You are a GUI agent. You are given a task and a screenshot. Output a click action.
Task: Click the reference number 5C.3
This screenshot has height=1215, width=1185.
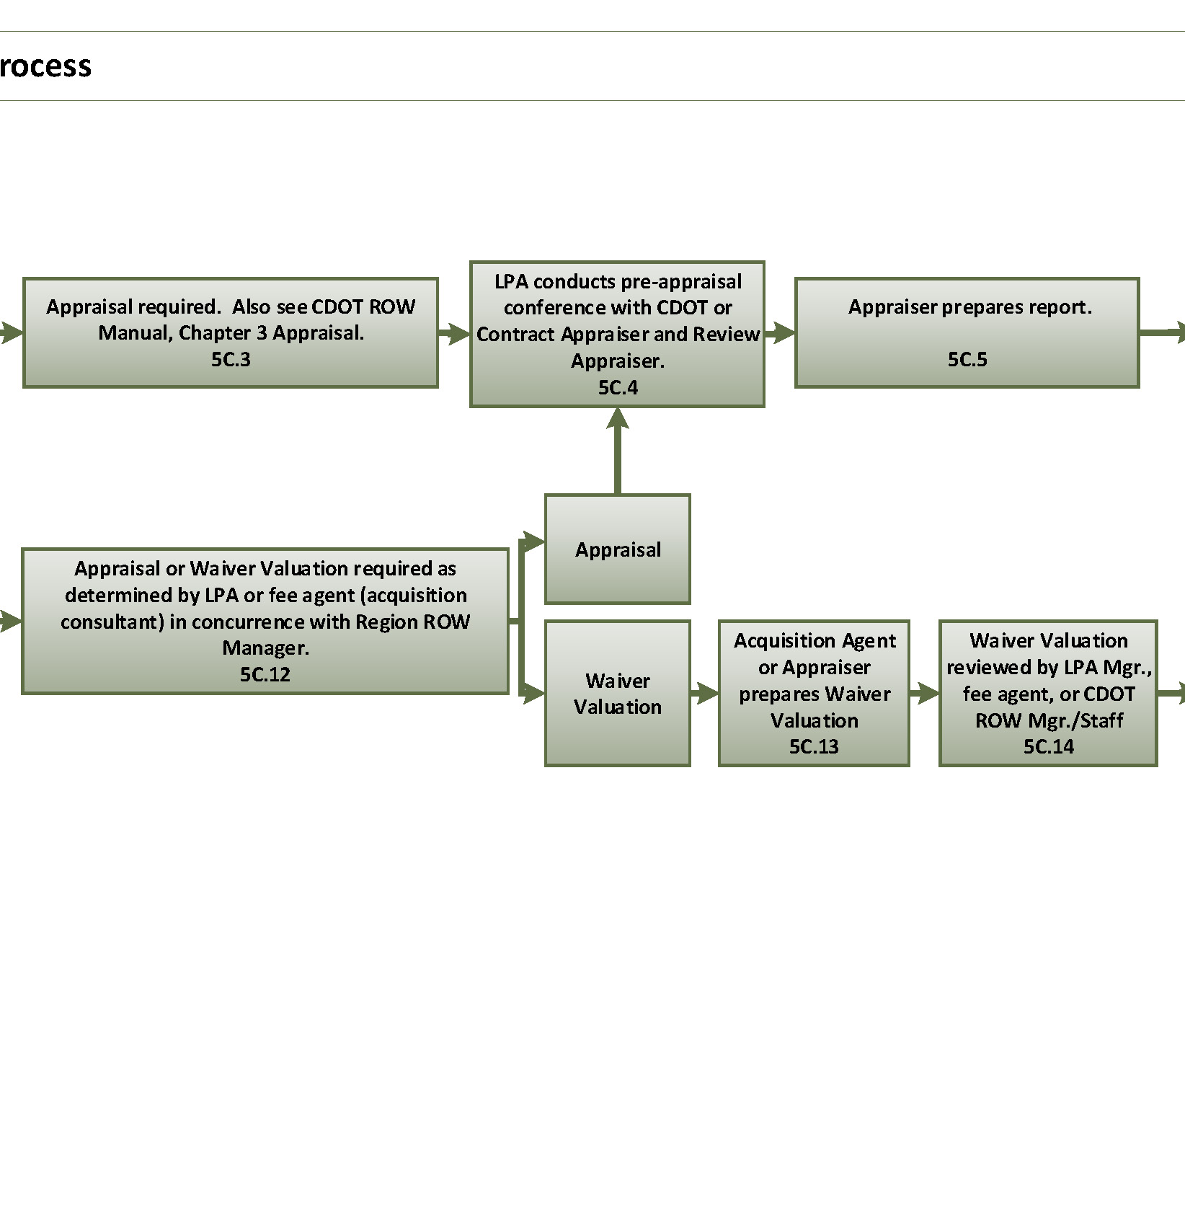pos(231,359)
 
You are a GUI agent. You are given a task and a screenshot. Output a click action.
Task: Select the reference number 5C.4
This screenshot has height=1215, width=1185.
pos(618,387)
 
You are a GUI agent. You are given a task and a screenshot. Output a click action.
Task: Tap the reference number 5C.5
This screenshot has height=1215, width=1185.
pos(967,359)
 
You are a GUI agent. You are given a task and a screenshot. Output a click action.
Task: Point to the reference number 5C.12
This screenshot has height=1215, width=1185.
pos(265,674)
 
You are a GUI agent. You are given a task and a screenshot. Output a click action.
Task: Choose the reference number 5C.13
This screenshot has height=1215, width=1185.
pos(814,746)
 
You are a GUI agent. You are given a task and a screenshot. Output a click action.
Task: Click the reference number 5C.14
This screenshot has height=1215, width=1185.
pos(1048,746)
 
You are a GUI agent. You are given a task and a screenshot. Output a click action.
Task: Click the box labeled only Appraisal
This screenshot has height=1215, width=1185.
pos(618,549)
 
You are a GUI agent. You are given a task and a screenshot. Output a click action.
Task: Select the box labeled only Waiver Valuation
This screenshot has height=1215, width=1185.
pos(618,693)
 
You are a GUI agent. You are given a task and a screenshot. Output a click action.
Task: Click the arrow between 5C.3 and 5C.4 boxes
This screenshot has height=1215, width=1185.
pos(454,333)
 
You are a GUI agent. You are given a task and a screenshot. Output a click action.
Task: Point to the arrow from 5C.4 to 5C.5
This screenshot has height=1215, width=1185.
pos(780,332)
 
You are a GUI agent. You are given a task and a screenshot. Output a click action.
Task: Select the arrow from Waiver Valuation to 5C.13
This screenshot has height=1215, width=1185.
pos(704,694)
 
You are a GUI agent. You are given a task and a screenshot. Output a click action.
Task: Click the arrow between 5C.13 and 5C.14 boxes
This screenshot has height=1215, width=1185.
pos(924,694)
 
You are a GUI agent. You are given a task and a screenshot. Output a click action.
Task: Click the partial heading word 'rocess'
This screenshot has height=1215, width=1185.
pos(45,66)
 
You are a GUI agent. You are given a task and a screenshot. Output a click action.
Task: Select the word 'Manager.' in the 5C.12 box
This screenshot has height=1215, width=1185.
pos(265,648)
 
